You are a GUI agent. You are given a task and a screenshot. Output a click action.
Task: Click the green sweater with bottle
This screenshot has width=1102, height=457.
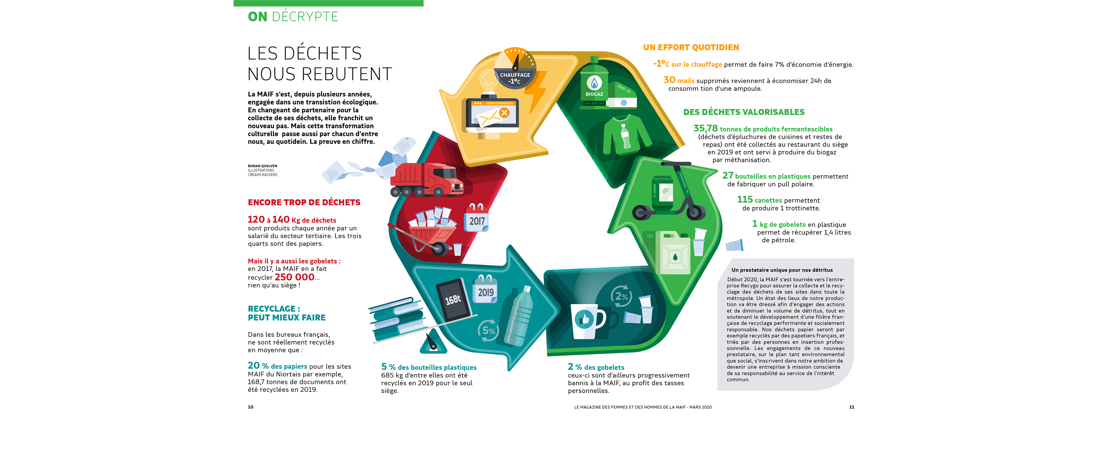pyautogui.click(x=624, y=135)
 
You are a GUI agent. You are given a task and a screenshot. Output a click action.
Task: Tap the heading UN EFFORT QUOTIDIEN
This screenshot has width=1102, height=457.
pyautogui.click(x=691, y=47)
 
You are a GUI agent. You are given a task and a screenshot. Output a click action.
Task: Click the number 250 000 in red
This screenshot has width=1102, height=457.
pyautogui.click(x=294, y=277)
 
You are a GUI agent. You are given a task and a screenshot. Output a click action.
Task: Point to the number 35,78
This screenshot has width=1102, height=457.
pyautogui.click(x=705, y=128)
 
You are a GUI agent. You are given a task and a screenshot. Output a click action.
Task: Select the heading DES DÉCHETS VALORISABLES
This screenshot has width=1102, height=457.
pyautogui.click(x=744, y=112)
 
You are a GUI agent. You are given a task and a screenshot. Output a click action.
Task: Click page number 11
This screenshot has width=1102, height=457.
pyautogui.click(x=851, y=407)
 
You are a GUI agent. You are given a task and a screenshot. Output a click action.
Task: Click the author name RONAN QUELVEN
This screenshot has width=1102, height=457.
pyautogui.click(x=262, y=166)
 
